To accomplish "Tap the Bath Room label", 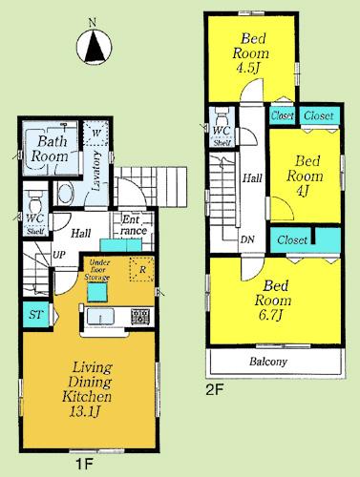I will pyautogui.click(x=45, y=149).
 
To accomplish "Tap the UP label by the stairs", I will pyautogui.click(x=58, y=256).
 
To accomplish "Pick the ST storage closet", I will pyautogui.click(x=34, y=314).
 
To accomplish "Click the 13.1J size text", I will pyautogui.click(x=87, y=411).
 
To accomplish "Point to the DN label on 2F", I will pyautogui.click(x=247, y=238).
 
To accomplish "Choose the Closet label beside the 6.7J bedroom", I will pyautogui.click(x=292, y=240).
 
